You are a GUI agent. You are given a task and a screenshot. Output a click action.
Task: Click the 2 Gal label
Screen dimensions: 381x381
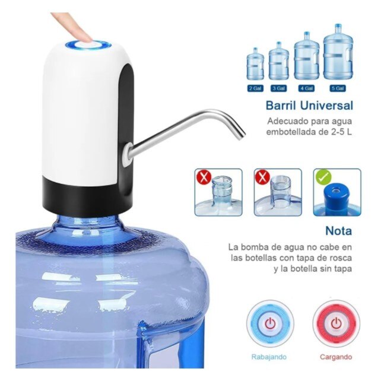(x=255, y=88)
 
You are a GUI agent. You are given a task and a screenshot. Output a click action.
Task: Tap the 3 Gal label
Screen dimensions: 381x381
(x=278, y=88)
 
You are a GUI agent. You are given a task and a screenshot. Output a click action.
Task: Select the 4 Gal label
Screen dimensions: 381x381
(x=306, y=88)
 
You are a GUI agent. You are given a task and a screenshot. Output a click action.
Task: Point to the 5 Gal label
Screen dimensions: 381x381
(x=338, y=88)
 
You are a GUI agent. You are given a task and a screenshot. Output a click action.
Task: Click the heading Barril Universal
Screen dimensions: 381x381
(x=309, y=106)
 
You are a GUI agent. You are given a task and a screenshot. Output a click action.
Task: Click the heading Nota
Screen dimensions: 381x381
(x=338, y=231)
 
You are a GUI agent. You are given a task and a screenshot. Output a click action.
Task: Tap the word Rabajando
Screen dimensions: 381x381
(x=269, y=357)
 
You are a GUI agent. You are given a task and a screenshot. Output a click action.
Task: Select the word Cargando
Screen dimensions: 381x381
(x=336, y=357)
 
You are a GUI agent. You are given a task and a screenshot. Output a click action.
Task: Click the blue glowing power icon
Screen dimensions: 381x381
(x=270, y=324)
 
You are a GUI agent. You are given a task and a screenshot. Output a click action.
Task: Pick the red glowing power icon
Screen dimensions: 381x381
(x=336, y=324)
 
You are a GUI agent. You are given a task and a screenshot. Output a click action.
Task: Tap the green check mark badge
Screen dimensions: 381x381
(x=323, y=177)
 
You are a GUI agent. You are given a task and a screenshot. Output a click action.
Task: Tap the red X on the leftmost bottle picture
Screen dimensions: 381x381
(x=204, y=177)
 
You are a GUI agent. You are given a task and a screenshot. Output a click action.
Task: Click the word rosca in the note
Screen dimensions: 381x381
(x=339, y=258)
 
